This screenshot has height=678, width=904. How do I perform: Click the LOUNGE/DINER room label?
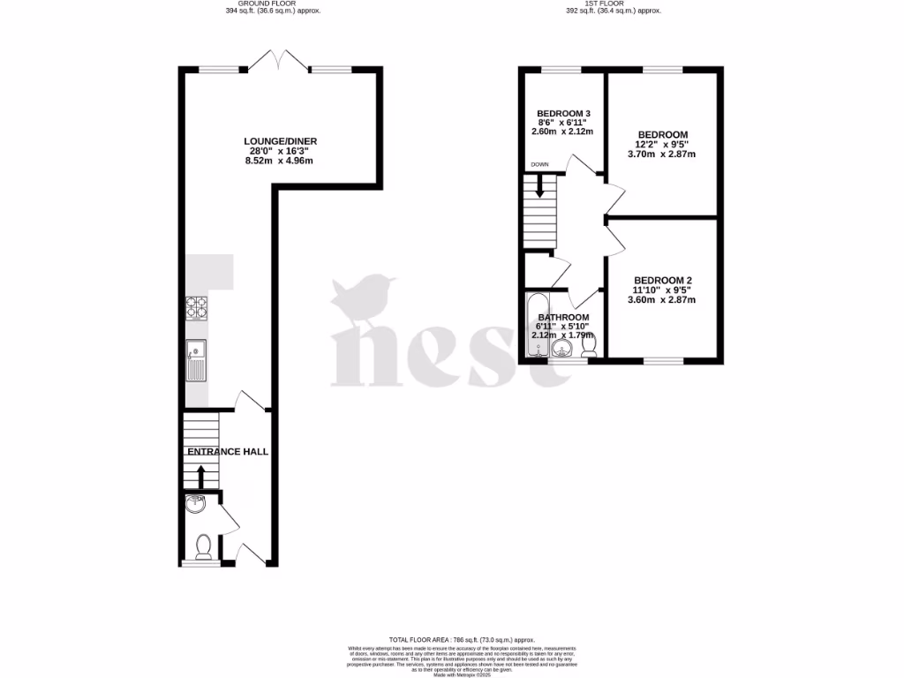click(281, 141)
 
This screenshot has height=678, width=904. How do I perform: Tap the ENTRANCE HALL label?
click(227, 452)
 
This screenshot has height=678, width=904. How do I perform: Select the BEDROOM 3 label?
click(563, 114)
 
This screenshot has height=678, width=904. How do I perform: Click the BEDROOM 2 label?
click(665, 275)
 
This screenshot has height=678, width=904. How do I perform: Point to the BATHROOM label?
click(562, 318)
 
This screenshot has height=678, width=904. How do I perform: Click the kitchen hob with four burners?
click(196, 307)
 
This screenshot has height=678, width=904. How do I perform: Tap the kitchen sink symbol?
click(195, 360)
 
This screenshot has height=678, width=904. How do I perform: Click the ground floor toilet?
click(203, 547)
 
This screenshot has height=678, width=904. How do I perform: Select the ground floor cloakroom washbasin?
click(196, 505)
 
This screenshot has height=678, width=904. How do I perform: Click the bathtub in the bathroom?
click(534, 328)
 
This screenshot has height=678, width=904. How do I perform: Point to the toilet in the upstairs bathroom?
click(590, 343)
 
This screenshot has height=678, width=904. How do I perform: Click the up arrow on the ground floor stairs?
click(200, 477)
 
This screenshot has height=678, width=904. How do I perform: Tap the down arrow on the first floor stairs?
click(539, 186)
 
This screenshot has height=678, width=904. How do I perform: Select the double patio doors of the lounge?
click(279, 62)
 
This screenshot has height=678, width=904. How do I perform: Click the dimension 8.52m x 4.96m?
click(281, 161)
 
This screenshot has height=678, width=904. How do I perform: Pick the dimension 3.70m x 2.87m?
click(662, 154)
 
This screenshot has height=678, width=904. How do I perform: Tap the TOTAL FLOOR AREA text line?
click(462, 639)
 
